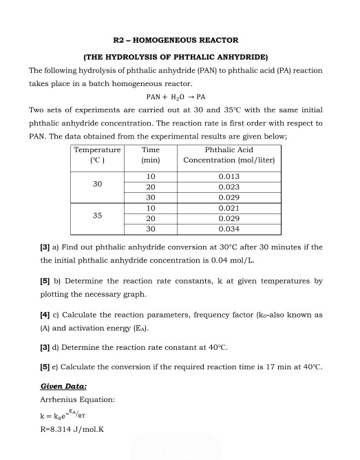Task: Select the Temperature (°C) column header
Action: pyautogui.click(x=97, y=154)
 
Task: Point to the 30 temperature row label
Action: pyautogui.click(x=97, y=185)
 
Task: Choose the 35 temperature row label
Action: pyautogui.click(x=97, y=216)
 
